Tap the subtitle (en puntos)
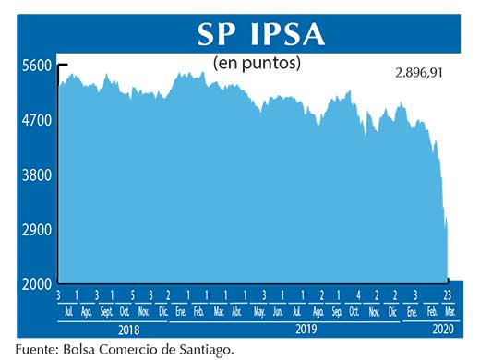coord(257,64)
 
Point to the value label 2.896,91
coord(414,71)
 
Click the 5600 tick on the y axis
coord(38,66)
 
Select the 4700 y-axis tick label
coord(38,121)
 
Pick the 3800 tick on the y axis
coord(38,175)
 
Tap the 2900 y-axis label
coord(38,230)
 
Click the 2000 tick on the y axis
coord(38,284)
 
